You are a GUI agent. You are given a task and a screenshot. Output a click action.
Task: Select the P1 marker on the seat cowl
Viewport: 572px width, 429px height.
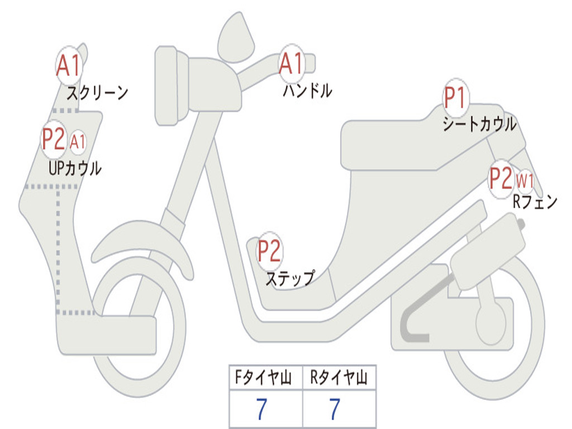(455, 99)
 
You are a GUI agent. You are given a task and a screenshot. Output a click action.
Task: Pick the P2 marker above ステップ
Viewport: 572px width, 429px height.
(269, 251)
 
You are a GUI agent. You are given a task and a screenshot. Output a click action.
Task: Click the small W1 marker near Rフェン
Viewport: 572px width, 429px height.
(525, 180)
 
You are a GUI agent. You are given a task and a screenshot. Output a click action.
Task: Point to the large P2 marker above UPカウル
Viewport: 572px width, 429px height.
(54, 140)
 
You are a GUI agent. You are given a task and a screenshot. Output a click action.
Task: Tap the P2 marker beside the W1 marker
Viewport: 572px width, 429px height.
(500, 179)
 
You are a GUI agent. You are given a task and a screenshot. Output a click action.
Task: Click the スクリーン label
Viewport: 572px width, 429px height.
(97, 93)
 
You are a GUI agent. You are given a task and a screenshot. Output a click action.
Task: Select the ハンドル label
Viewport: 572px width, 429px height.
(307, 90)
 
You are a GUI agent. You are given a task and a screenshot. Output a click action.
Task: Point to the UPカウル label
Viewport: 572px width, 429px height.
(75, 168)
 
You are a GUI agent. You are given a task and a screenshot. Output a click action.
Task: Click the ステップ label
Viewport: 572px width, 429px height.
(289, 278)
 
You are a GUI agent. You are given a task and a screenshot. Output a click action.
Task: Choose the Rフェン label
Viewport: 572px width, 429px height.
(535, 202)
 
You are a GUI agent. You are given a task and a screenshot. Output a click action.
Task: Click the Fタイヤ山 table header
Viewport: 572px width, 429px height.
(265, 379)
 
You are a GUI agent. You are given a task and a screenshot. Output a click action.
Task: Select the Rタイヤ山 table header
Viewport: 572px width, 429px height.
(339, 379)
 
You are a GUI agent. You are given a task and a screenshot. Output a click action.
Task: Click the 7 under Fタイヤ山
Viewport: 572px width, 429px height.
(261, 409)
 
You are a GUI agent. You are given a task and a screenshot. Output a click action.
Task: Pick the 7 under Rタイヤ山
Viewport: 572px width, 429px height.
(334, 409)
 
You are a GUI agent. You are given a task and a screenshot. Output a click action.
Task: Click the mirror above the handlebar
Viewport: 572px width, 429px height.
(236, 37)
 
